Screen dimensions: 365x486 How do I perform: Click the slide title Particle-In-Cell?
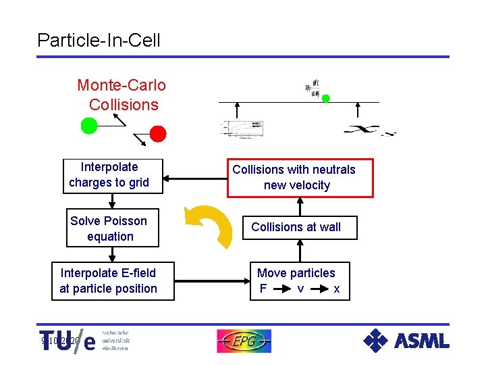[x=99, y=40]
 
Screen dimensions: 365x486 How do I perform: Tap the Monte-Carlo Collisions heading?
[x=122, y=95]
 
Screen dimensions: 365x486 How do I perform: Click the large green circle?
[x=89, y=125]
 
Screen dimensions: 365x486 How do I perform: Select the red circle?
[x=158, y=133]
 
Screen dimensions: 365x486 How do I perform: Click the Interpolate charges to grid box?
[x=109, y=175]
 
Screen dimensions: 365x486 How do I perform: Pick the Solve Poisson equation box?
[x=112, y=228]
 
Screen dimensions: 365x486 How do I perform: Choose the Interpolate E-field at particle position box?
[x=108, y=281]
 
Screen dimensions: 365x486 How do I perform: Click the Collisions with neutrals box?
[x=294, y=178]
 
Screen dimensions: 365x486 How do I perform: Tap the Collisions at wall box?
[x=296, y=228]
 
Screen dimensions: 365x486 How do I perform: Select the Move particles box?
[x=300, y=281]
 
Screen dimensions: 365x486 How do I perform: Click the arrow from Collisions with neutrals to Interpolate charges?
[x=196, y=178]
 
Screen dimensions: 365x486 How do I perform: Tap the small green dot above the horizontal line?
[x=325, y=98]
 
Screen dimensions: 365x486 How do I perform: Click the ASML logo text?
[x=422, y=341]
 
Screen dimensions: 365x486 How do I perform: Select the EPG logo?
[x=244, y=341]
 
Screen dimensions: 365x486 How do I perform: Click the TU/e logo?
[x=67, y=341]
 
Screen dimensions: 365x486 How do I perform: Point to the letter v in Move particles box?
[x=300, y=289]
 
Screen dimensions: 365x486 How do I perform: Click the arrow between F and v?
[x=281, y=289]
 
